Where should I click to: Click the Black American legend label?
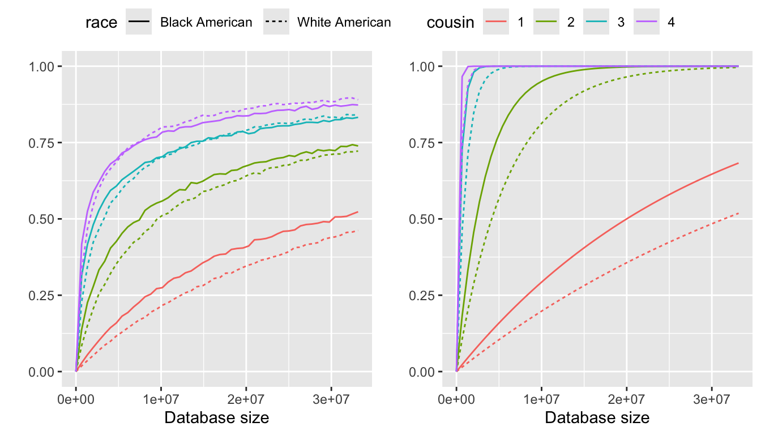tap(206, 23)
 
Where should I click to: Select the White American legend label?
tap(344, 23)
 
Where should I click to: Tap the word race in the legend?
tap(101, 23)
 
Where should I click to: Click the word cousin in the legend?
tap(451, 23)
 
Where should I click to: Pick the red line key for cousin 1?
tap(496, 23)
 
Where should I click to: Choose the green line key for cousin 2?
tap(546, 23)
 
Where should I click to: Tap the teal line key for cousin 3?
tap(596, 23)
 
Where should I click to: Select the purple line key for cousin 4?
tap(646, 23)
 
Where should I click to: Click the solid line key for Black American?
tap(139, 23)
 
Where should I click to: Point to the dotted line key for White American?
tap(276, 23)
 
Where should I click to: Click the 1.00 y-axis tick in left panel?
tap(42, 66)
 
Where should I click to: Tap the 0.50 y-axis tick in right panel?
tap(422, 219)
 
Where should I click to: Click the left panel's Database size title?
tap(216, 418)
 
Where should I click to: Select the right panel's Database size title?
tap(597, 418)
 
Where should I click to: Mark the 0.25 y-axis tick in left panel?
tap(42, 296)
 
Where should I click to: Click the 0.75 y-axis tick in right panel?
tap(422, 143)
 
